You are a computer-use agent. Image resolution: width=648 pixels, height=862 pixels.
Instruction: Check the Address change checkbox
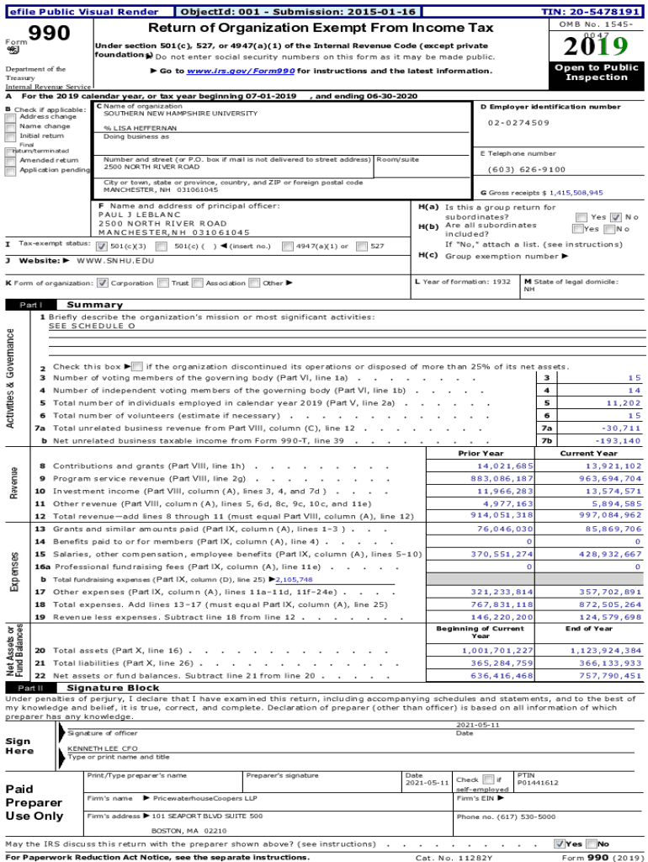[x=10, y=117]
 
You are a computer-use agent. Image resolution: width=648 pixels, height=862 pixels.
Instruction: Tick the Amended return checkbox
[x=10, y=160]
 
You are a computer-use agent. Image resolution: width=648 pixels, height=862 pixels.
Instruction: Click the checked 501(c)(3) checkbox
[x=102, y=247]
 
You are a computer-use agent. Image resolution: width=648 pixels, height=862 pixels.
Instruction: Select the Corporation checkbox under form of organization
[x=103, y=284]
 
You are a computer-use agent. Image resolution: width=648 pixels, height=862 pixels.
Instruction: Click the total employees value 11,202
[x=623, y=403]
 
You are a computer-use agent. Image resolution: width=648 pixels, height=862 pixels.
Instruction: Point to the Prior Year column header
[x=481, y=454]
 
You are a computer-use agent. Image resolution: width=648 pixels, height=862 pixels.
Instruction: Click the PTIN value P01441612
[x=538, y=783]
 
